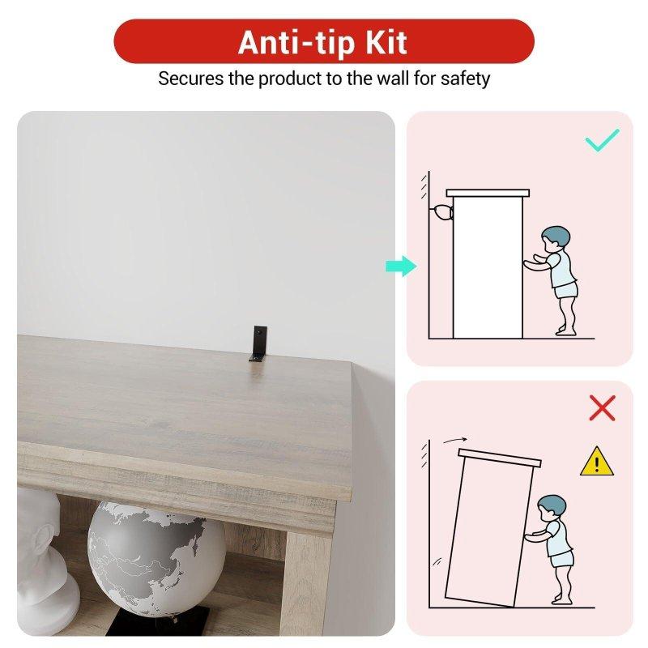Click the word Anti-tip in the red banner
click(x=296, y=44)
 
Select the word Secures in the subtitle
click(x=191, y=79)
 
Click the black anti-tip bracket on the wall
click(x=258, y=343)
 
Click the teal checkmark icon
click(x=602, y=140)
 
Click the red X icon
click(x=602, y=408)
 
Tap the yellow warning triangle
click(x=597, y=461)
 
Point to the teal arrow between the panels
click(x=401, y=266)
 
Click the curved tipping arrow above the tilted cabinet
click(x=455, y=440)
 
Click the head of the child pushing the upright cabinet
click(x=556, y=239)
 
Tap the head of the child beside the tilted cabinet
click(x=552, y=509)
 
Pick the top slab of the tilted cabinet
click(x=499, y=458)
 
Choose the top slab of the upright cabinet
click(x=488, y=193)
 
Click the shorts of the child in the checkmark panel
click(x=565, y=289)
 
